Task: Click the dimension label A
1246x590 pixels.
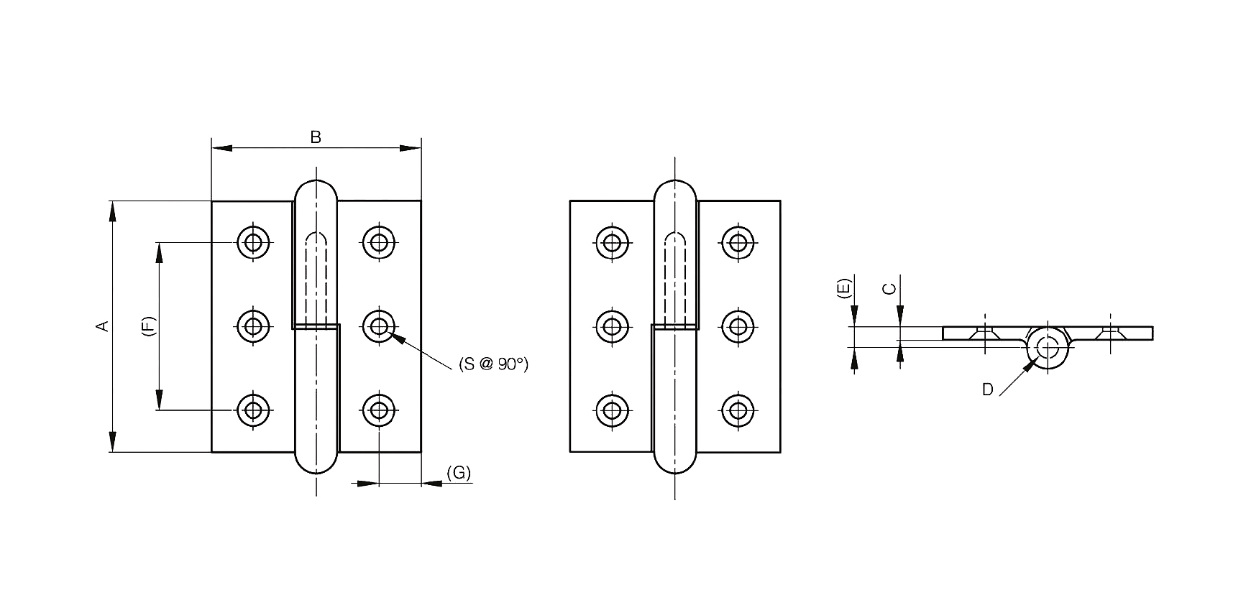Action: coord(103,326)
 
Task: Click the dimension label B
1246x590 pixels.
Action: coord(315,137)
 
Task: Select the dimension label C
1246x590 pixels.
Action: coord(889,288)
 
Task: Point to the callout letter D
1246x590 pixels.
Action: coord(987,390)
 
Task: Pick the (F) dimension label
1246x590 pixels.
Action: coord(147,326)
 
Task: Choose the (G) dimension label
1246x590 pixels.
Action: coord(458,472)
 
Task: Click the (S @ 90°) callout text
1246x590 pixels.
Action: coord(493,364)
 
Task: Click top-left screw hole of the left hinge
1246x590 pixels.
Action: coord(252,242)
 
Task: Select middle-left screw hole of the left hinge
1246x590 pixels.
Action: coord(252,326)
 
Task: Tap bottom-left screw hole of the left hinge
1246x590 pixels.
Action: coord(252,410)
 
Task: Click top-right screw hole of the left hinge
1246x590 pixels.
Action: coord(378,242)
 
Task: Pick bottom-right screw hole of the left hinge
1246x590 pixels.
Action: coord(378,410)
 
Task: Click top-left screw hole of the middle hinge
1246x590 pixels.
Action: coord(612,242)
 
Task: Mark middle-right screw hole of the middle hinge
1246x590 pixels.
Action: coord(736,326)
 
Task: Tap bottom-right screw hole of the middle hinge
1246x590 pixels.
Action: coord(736,410)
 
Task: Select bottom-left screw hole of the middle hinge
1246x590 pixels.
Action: coord(612,410)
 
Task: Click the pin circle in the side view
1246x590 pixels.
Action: coord(1048,347)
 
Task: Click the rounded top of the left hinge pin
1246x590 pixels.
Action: coord(316,189)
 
